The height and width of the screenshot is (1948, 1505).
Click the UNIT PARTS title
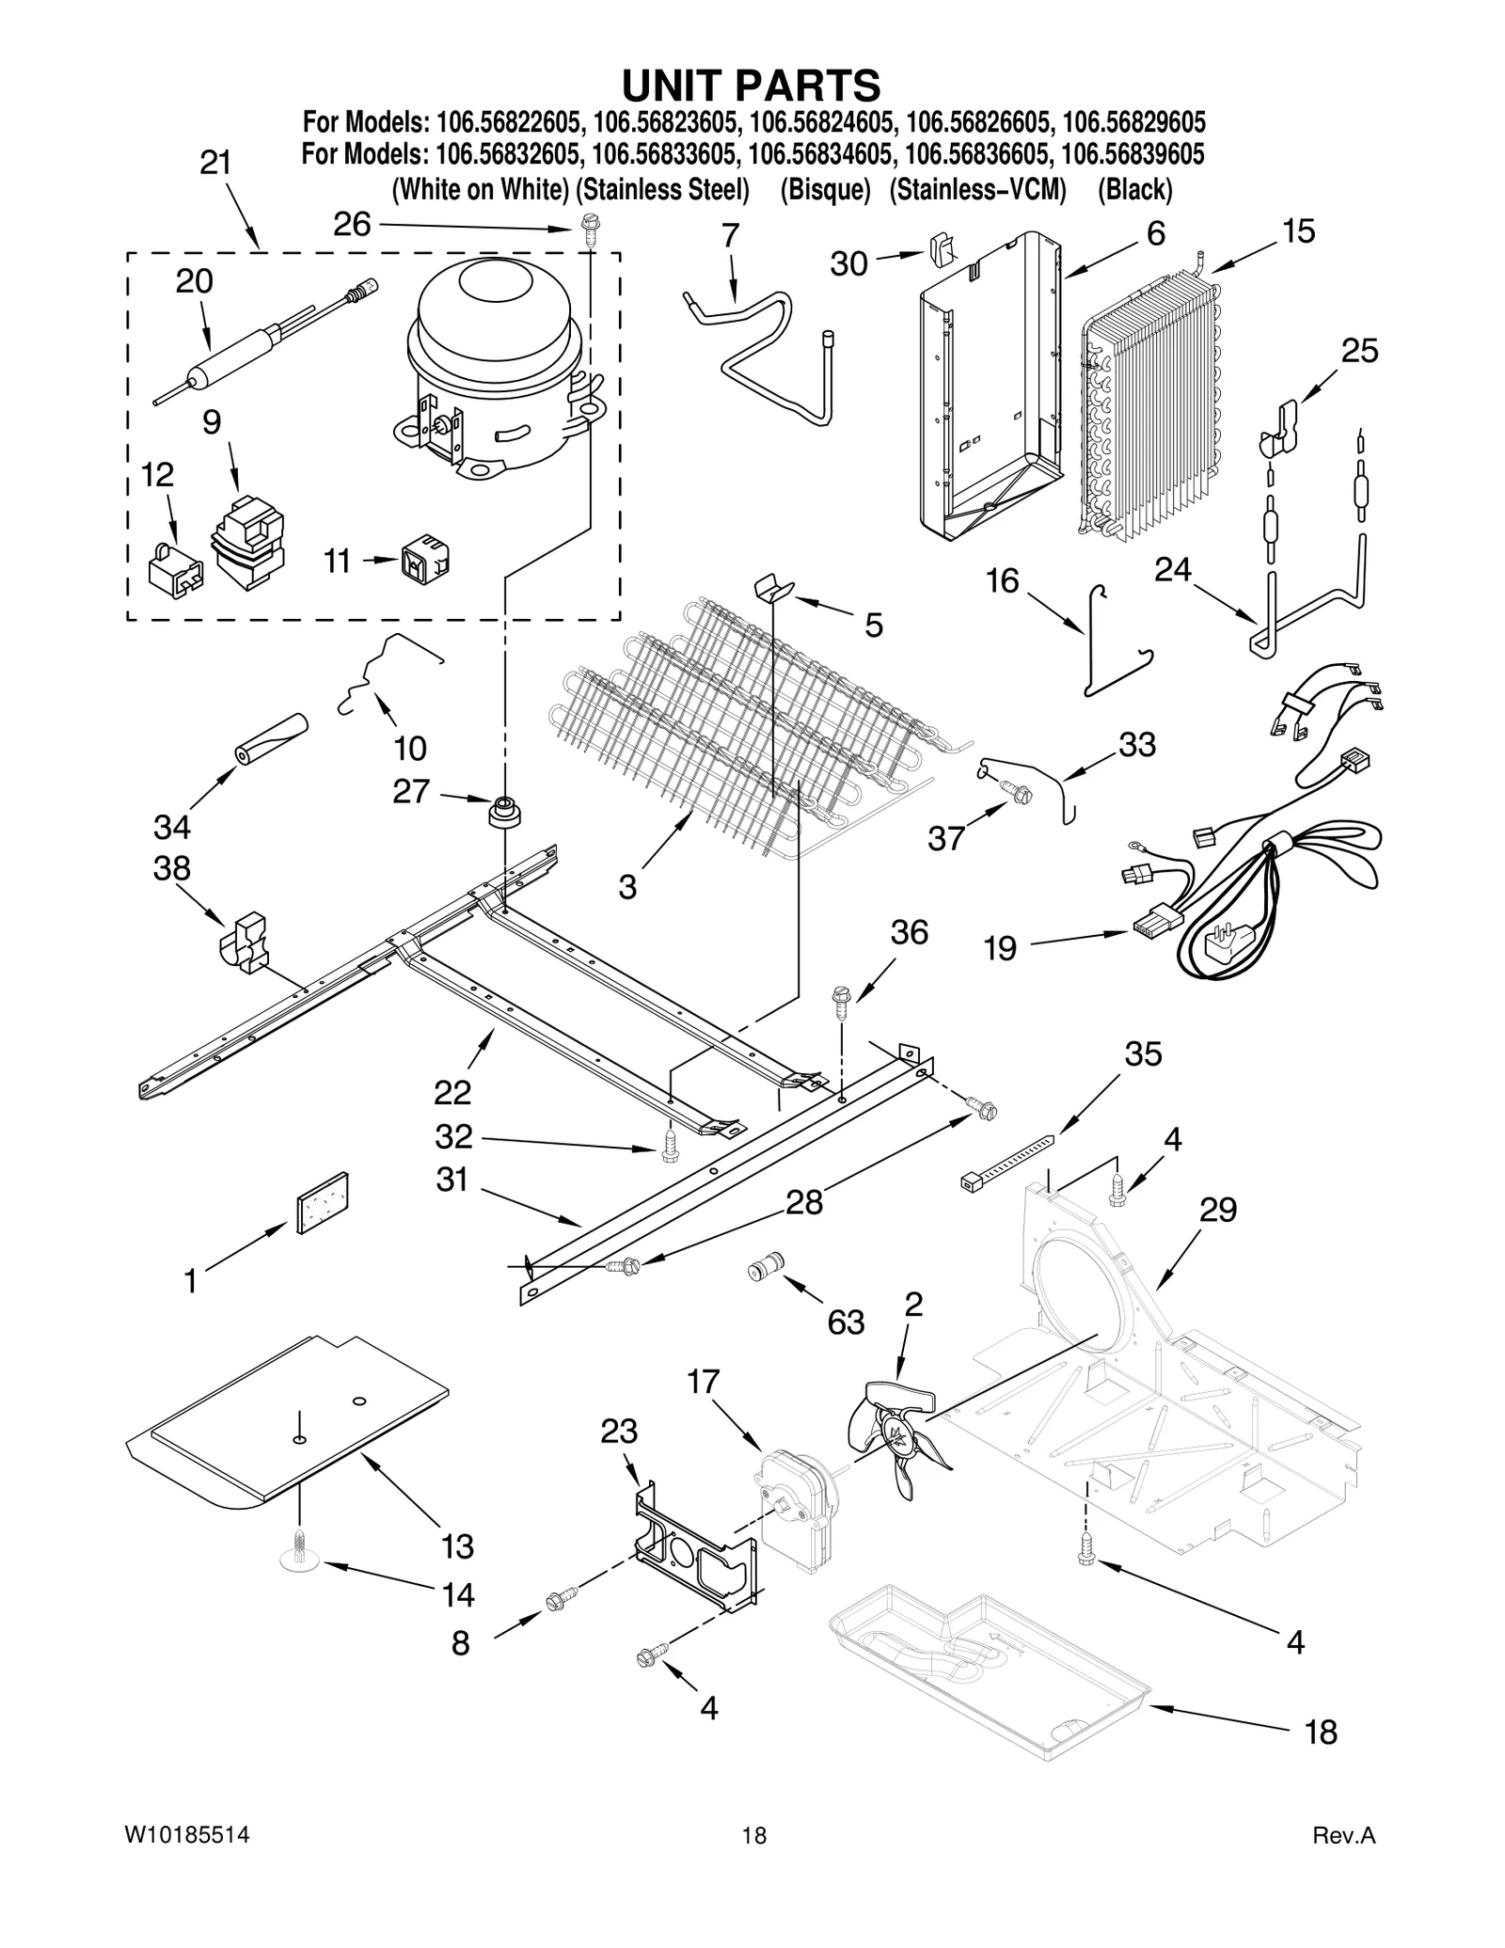pos(751,85)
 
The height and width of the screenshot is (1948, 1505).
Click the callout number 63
pos(846,1322)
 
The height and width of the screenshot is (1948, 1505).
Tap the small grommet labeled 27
pos(505,811)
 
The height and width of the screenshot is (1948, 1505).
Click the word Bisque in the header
pos(825,190)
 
